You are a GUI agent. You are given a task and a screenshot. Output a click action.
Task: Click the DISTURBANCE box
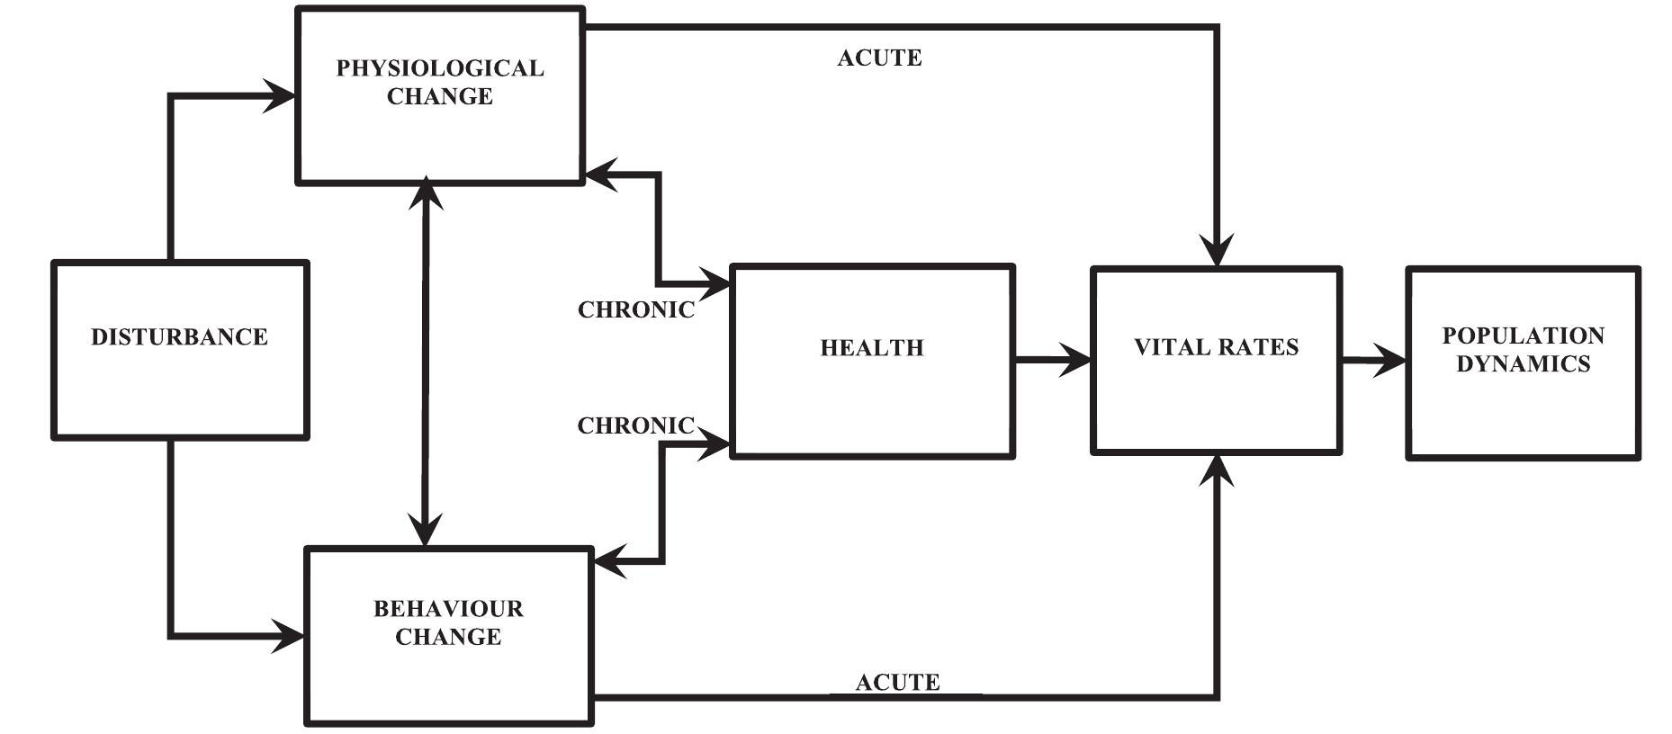coord(180,350)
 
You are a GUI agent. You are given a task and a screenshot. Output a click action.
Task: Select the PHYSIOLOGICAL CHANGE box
coord(440,95)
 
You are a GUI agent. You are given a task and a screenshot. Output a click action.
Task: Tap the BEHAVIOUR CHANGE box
coord(448,635)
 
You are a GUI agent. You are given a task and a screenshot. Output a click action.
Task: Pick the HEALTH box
coord(871,362)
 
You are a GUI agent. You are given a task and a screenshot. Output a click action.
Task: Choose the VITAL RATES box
coord(1216,361)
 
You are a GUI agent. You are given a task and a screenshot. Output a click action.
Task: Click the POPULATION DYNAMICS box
coord(1523,363)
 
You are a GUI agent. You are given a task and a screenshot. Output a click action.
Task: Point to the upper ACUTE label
coord(879,58)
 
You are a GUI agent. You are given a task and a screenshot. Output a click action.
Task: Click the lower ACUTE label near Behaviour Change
coord(897,683)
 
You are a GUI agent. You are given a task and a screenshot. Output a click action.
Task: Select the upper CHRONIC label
coord(635,310)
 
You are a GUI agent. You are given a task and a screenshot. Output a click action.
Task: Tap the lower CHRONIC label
coord(635,425)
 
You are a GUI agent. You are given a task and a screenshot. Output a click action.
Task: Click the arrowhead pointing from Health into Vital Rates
coord(1076,360)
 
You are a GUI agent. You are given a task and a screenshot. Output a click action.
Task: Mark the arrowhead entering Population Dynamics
coord(1390,362)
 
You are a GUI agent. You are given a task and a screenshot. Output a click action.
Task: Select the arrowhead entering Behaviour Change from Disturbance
coord(290,636)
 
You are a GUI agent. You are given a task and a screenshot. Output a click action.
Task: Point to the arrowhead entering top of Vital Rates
coord(1217,249)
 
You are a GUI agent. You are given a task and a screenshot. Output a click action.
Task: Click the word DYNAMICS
coord(1523,364)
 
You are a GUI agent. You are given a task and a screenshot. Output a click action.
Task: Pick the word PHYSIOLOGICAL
coord(440,68)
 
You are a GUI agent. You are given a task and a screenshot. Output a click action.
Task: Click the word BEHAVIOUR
coord(448,609)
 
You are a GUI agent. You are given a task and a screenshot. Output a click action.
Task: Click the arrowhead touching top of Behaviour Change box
coord(425,530)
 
